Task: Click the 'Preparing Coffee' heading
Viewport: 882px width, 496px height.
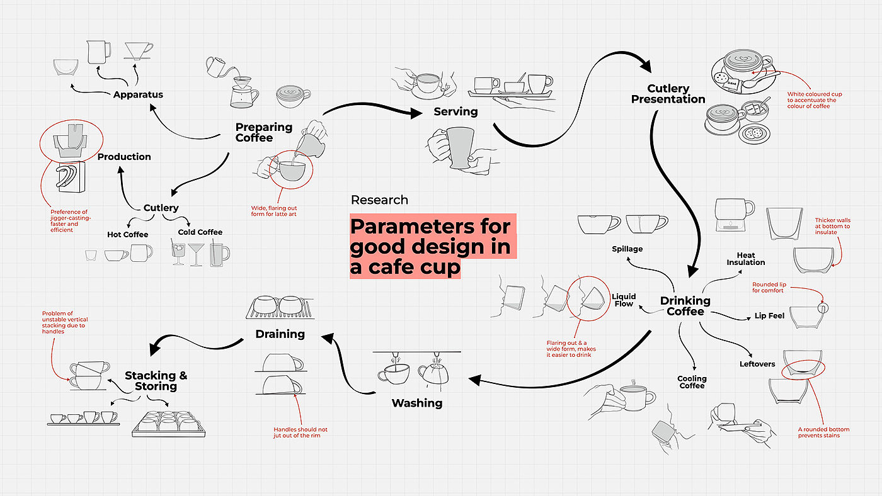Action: point(264,132)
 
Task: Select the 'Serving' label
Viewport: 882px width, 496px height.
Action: point(455,111)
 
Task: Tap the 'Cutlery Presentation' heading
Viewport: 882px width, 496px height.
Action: point(668,94)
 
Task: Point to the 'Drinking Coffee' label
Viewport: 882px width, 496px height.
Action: point(685,306)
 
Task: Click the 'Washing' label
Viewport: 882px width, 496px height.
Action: point(417,403)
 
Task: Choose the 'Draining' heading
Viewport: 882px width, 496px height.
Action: point(280,334)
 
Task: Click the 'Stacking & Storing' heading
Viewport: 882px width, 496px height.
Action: point(156,381)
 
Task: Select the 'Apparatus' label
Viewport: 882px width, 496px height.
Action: point(138,95)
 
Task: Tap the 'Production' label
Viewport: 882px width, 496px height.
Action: point(124,157)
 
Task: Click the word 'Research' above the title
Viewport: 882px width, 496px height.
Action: point(379,200)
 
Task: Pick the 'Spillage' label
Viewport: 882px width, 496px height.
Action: point(627,249)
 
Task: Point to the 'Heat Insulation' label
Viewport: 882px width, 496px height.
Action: point(746,259)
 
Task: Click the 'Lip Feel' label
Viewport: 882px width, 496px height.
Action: point(769,316)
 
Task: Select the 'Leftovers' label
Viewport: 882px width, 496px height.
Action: point(757,364)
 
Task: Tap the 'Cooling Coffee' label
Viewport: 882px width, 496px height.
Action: point(692,382)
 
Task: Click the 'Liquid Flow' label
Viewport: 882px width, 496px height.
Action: point(624,300)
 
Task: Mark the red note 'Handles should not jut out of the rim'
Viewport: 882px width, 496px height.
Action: point(301,432)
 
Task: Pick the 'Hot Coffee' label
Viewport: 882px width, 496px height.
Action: point(127,235)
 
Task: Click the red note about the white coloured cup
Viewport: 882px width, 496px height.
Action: point(814,100)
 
